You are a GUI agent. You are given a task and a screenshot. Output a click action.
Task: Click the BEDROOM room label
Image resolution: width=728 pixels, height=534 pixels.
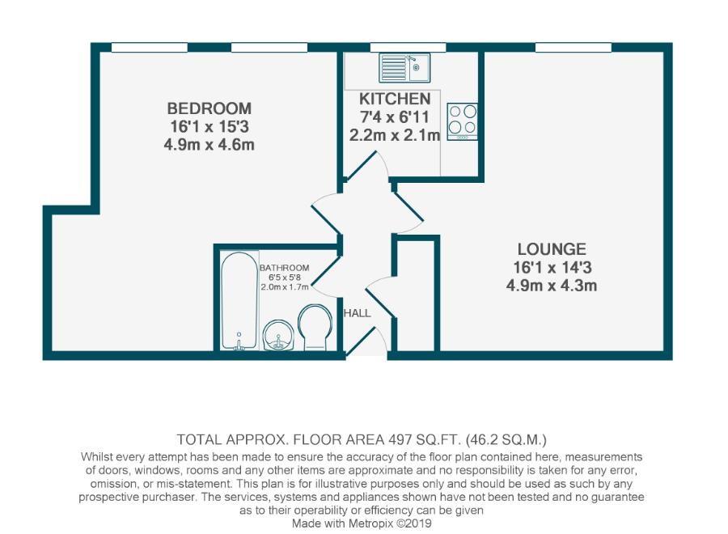pos(209,108)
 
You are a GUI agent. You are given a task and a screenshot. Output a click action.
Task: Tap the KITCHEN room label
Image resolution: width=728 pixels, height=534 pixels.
pos(395,99)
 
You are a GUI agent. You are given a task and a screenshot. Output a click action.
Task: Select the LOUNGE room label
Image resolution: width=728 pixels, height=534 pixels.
pos(552,248)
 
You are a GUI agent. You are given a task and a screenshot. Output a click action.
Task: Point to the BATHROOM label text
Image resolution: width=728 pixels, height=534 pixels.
pos(284,268)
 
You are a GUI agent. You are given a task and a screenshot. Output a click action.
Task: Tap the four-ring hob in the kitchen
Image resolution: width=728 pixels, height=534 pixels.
pos(462,121)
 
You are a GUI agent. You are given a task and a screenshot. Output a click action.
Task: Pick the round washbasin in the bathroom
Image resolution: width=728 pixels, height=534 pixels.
pos(277,333)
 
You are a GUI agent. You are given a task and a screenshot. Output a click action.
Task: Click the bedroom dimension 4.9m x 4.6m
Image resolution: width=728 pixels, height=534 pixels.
pos(209,146)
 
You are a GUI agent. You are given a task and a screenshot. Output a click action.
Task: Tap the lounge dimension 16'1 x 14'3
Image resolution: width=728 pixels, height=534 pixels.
pos(552,267)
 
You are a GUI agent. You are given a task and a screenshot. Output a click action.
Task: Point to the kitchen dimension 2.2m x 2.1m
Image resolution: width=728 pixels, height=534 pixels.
pos(395,136)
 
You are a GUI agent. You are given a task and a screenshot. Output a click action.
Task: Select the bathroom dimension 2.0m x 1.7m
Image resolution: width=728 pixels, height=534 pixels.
pos(284,287)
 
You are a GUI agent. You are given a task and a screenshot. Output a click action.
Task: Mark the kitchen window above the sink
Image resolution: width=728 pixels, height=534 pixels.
pos(396,48)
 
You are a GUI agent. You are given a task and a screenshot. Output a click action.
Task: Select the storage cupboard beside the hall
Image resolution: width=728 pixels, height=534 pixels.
pos(416,295)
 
